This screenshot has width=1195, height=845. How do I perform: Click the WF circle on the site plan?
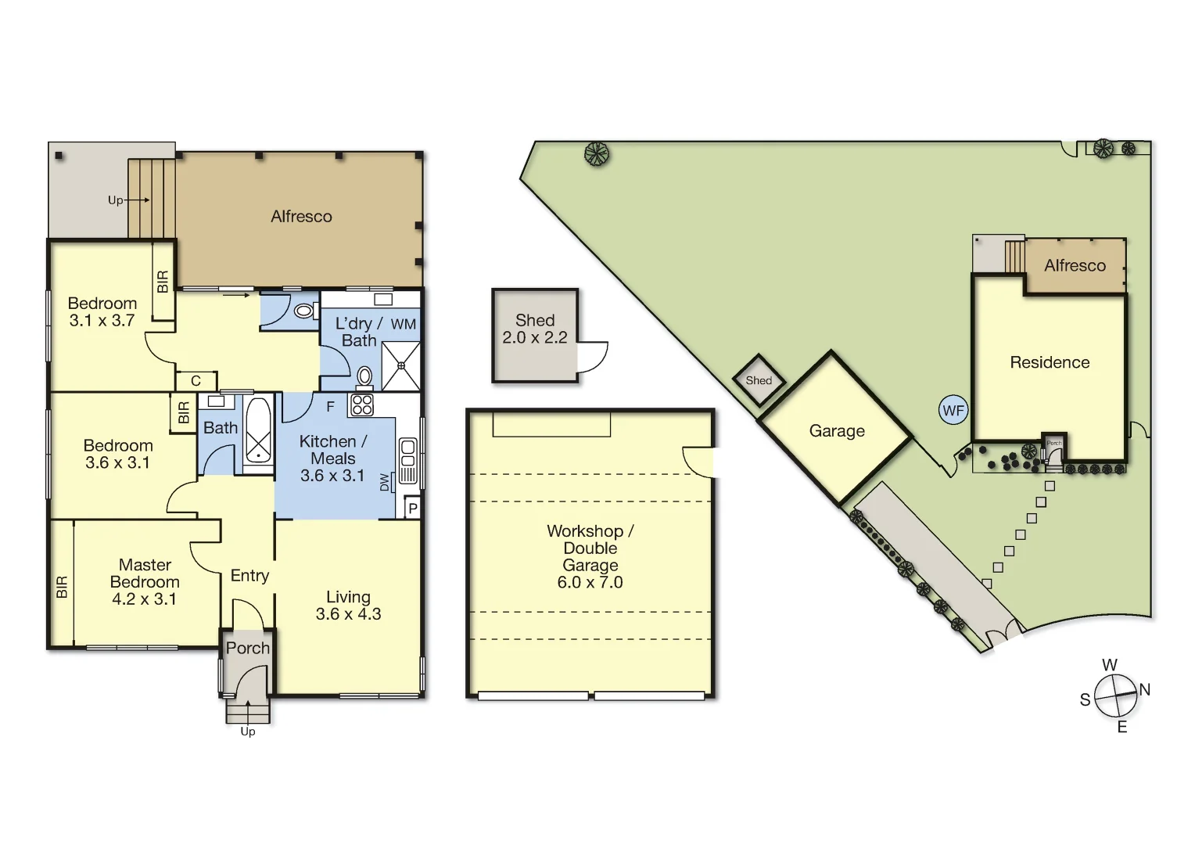(953, 410)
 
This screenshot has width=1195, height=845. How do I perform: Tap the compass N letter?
(1145, 689)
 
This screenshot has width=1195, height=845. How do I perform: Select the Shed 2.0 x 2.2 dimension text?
(535, 338)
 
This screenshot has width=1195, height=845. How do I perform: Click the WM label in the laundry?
(404, 324)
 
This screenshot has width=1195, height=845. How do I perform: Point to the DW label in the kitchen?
(384, 483)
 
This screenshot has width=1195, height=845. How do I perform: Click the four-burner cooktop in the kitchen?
(362, 405)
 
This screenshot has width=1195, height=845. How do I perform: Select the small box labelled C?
(196, 381)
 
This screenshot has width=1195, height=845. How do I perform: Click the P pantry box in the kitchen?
(413, 509)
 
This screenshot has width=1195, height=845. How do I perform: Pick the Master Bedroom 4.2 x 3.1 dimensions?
(144, 599)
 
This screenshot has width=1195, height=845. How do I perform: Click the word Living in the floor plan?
(348, 597)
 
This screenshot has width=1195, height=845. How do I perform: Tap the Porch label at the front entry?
(248, 648)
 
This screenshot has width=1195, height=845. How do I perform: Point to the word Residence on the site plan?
(1050, 362)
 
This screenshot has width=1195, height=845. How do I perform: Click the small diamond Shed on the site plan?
(759, 380)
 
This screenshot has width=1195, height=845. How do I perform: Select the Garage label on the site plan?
(837, 431)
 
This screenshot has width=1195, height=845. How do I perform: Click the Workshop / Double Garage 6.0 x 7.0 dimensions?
(590, 582)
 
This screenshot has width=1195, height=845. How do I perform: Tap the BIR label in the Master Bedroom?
(62, 587)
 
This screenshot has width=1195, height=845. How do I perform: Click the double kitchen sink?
(408, 462)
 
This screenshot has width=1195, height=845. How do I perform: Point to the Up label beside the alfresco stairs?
(116, 200)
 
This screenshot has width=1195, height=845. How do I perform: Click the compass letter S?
(1085, 699)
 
